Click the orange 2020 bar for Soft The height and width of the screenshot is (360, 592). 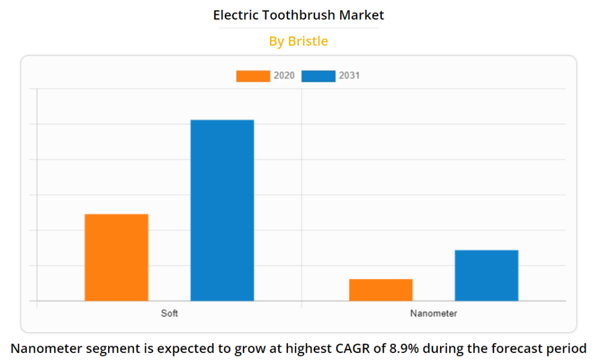[x=116, y=257]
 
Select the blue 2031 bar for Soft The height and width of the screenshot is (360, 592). [x=222, y=210]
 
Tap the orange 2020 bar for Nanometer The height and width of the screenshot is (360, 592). [x=380, y=290]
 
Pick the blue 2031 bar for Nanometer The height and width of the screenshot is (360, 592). [x=486, y=275]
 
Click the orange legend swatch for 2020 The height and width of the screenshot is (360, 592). [x=253, y=76]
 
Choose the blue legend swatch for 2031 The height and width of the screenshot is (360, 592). [x=318, y=76]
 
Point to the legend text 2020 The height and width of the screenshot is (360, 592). [x=284, y=76]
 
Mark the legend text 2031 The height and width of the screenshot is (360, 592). [x=349, y=76]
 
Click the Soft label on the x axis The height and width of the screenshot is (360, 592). [x=169, y=314]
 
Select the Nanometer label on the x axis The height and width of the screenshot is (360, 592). [x=434, y=314]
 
